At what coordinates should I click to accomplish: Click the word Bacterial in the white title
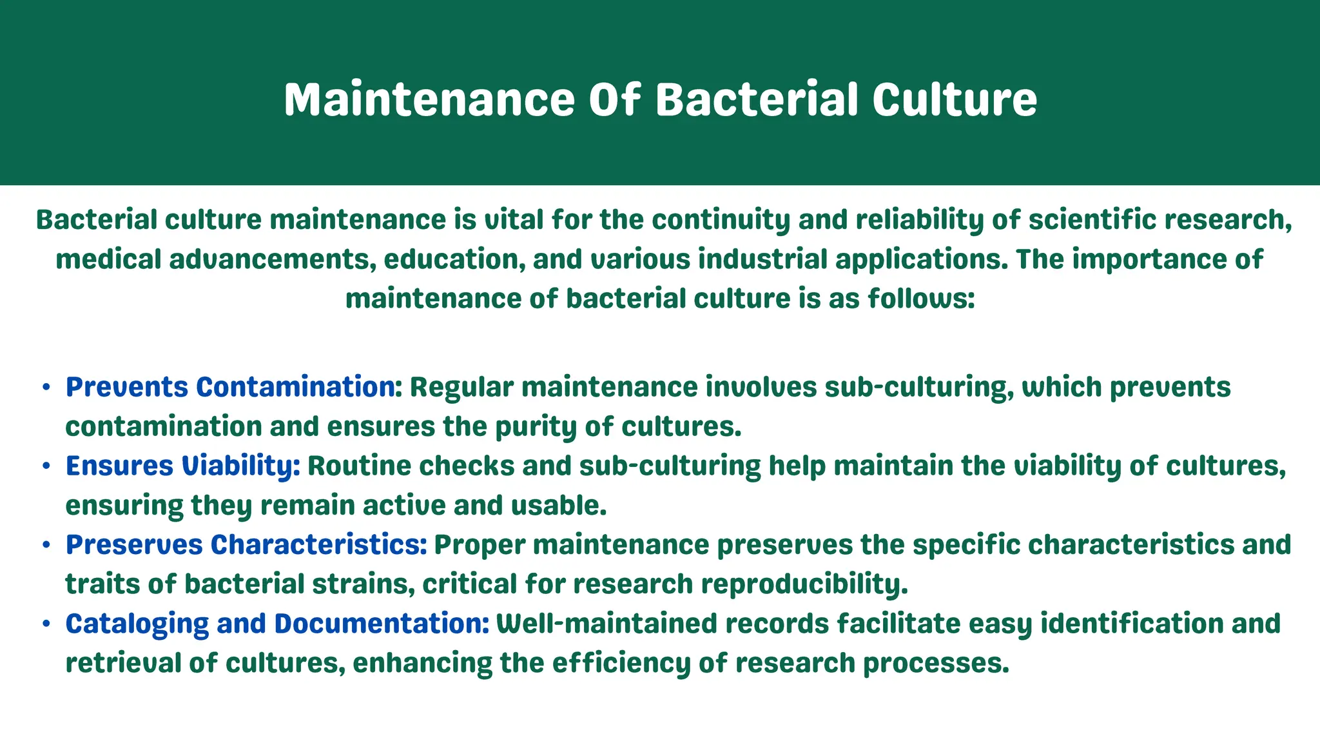(x=757, y=99)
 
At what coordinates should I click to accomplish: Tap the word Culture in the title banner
(x=955, y=99)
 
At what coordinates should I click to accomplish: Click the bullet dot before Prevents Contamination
(x=46, y=388)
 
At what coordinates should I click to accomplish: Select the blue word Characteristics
(x=319, y=544)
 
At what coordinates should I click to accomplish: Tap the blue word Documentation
(x=382, y=624)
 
